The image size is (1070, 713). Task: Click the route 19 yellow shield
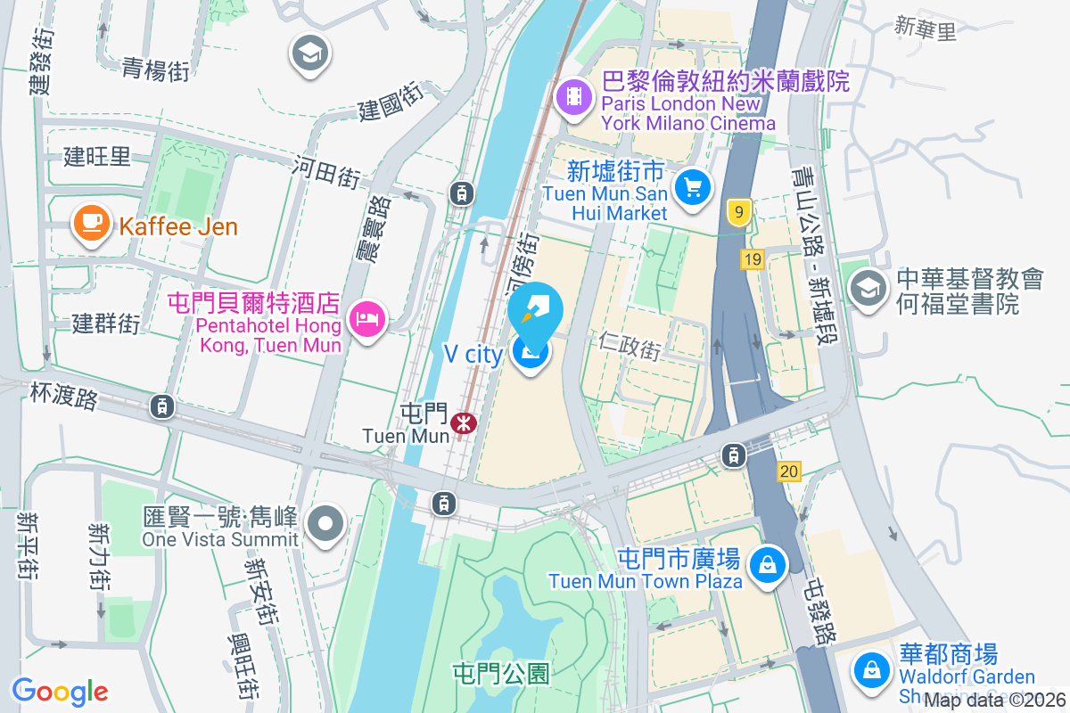(752, 259)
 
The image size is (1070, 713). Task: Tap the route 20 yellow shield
(789, 471)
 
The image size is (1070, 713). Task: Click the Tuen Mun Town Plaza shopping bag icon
(766, 565)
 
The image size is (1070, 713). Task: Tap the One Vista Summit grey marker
(326, 523)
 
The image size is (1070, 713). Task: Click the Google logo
(60, 691)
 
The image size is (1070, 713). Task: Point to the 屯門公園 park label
(501, 674)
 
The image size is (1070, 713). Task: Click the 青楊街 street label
(155, 70)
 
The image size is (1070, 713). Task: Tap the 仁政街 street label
(631, 347)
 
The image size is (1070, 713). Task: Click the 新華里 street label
(926, 29)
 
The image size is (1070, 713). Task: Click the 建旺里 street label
(96, 157)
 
